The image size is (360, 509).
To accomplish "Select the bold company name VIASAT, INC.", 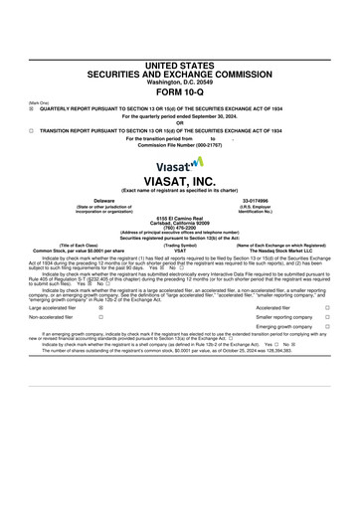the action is pos(180,181).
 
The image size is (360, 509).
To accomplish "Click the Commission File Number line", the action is pos(180,146).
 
